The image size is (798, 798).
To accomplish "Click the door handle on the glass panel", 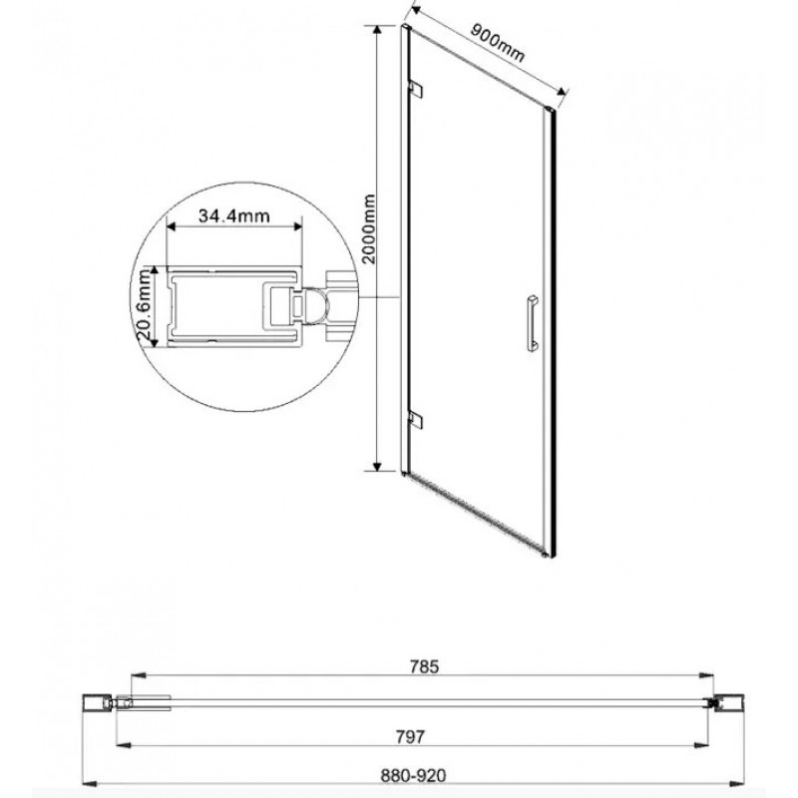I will [532, 321].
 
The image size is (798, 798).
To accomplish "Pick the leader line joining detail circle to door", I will [380, 297].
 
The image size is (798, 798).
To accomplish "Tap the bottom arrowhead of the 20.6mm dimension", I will [155, 340].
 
